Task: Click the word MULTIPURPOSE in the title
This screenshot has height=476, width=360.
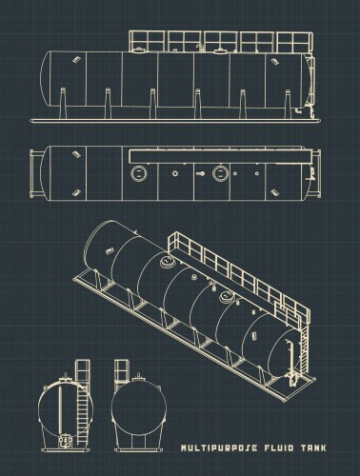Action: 222,446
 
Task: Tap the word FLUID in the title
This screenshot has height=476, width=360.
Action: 283,446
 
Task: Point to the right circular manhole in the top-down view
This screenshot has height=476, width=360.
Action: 221,172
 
